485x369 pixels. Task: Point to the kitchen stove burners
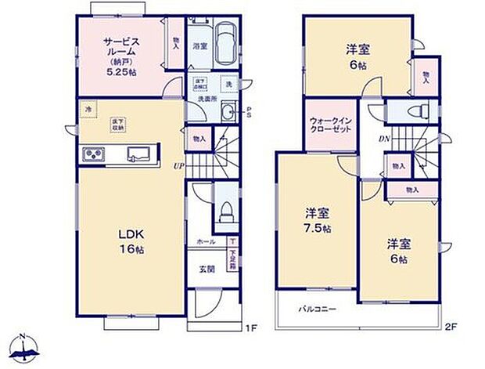click(x=94, y=154)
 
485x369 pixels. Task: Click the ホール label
click(x=206, y=243)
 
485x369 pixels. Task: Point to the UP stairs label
click(x=180, y=166)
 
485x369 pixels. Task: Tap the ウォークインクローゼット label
click(x=330, y=125)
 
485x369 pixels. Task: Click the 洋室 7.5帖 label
click(x=316, y=219)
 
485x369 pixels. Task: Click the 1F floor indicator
click(x=250, y=327)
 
